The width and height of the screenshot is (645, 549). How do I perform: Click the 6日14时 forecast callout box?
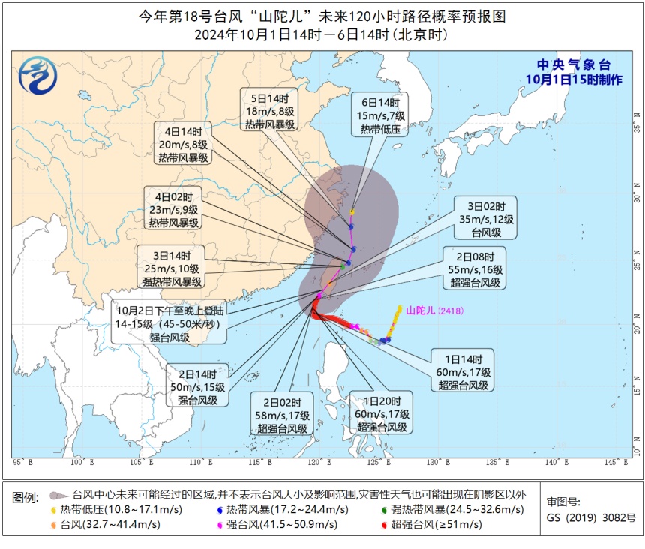[x=380, y=116]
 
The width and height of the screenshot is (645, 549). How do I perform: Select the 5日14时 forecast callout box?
[x=269, y=111]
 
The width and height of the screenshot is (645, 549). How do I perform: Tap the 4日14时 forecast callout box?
[x=183, y=144]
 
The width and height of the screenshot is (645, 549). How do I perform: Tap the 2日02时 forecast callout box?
[x=282, y=415]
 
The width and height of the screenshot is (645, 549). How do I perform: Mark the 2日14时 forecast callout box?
[x=198, y=387]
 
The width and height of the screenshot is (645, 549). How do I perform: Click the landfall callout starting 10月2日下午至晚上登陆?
[x=169, y=323]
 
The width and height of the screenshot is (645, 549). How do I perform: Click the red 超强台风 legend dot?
[x=384, y=525]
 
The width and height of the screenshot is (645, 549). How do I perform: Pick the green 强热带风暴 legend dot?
[x=384, y=510]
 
